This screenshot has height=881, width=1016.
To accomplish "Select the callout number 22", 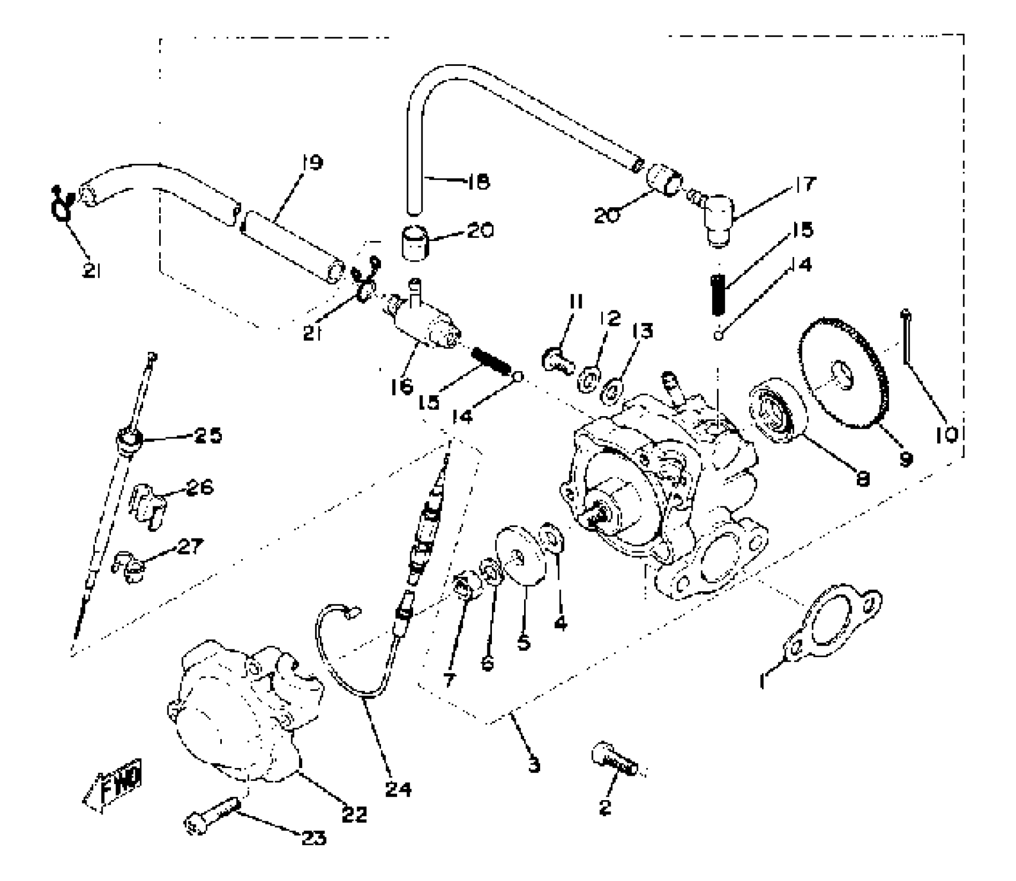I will point(355,814).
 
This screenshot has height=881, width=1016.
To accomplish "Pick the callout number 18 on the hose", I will point(477,182).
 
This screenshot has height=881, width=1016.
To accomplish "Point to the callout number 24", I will point(398,789).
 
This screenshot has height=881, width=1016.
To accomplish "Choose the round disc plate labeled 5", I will point(520,559).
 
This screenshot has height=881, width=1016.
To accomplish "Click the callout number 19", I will point(313,163).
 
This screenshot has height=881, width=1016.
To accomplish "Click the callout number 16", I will point(402,386).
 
